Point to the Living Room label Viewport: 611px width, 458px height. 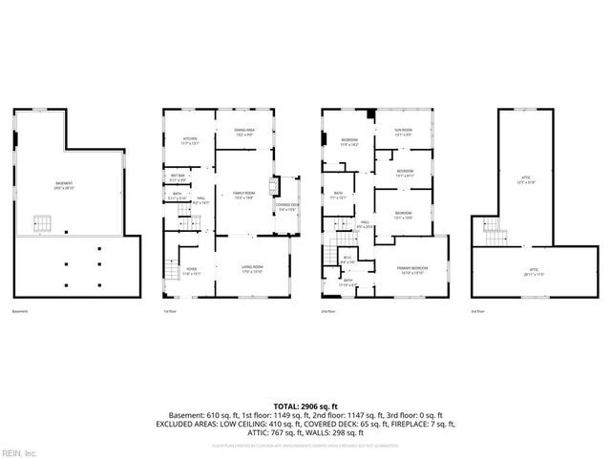pos(252,270)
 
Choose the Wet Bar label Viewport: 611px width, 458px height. pos(178,177)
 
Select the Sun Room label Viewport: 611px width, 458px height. pos(406,132)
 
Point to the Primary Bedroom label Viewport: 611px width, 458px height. pos(412,270)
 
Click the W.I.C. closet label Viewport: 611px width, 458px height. pos(348,260)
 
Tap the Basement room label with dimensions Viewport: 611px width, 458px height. pos(64,185)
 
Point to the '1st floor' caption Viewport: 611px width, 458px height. pos(170,312)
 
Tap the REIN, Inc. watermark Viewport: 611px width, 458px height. pos(19,451)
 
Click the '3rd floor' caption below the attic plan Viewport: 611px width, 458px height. pos(479,312)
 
